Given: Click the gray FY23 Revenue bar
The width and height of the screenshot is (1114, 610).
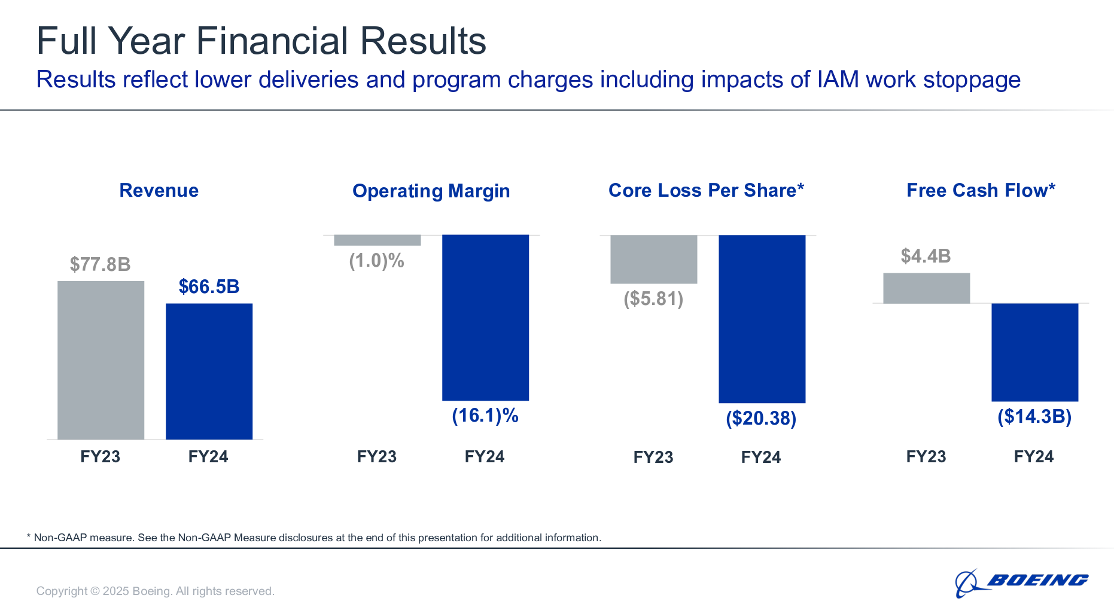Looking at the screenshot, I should pyautogui.click(x=101, y=360).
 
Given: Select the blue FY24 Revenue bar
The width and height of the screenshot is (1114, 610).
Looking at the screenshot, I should pyautogui.click(x=209, y=371).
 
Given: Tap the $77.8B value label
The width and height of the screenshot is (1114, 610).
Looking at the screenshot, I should pyautogui.click(x=100, y=264).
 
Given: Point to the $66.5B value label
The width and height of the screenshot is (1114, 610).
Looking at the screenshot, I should pyautogui.click(x=209, y=286).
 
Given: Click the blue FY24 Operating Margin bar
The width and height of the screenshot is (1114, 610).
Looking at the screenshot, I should pyautogui.click(x=485, y=318).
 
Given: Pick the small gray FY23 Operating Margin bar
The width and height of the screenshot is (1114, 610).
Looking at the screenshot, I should pyautogui.click(x=377, y=240).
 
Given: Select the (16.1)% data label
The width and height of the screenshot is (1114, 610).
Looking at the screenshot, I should pyautogui.click(x=485, y=416).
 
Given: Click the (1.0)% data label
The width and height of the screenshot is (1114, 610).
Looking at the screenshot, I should pyautogui.click(x=376, y=261).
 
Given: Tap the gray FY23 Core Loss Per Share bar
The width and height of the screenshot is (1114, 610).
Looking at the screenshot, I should pyautogui.click(x=653, y=259).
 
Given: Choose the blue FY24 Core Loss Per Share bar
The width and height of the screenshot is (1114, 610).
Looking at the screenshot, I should pyautogui.click(x=762, y=319).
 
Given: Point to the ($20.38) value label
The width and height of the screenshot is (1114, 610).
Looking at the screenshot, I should pyautogui.click(x=761, y=418).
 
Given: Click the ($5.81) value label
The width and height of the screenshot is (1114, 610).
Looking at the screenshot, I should pyautogui.click(x=653, y=298).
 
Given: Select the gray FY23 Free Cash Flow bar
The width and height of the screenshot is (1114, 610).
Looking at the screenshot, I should pyautogui.click(x=926, y=288).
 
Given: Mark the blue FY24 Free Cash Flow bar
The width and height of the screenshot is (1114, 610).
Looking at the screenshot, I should pyautogui.click(x=1034, y=352).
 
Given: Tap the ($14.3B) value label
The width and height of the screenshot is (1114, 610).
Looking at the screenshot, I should pyautogui.click(x=1034, y=416).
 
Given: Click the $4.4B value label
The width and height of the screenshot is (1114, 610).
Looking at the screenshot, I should pyautogui.click(x=926, y=256).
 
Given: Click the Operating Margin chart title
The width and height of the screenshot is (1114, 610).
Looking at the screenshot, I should pyautogui.click(x=431, y=191).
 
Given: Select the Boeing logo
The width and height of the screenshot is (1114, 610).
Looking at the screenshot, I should pyautogui.click(x=1021, y=582).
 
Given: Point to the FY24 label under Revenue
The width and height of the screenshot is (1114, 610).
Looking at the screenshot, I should pyautogui.click(x=208, y=457).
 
